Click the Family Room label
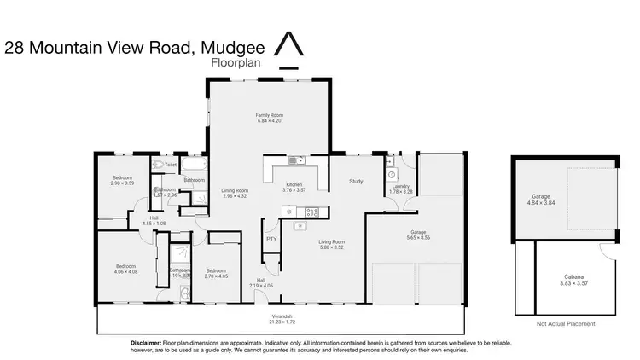[x=270, y=114]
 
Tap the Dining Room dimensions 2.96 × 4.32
[x=235, y=196]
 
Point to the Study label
[x=357, y=181]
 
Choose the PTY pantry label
[x=271, y=238]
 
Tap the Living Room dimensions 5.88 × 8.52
[x=331, y=247]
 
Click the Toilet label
[x=171, y=165]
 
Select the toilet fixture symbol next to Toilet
[x=158, y=165]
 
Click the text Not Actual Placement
[x=565, y=324]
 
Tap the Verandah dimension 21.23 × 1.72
[x=282, y=322]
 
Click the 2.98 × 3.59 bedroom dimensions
[x=124, y=183]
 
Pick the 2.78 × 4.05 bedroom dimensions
[x=217, y=276]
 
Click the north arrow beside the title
[x=291, y=49]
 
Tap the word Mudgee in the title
[x=230, y=48]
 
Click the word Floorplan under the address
[x=235, y=63]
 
